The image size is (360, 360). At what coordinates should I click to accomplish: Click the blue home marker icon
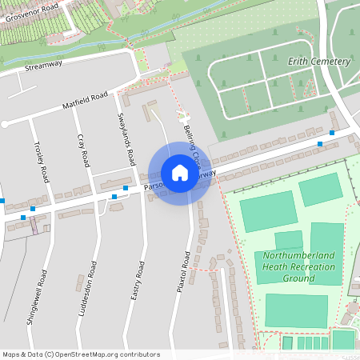pos(180,173)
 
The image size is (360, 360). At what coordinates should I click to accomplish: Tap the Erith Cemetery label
pos(319,62)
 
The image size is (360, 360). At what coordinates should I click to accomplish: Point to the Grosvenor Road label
pos(30,15)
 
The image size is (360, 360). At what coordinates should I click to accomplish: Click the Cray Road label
pos(82,150)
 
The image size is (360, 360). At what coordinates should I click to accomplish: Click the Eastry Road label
pos(137,280)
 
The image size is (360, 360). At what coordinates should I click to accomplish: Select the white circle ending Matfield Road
pos(5,124)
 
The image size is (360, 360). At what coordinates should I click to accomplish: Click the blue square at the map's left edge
pos(2,200)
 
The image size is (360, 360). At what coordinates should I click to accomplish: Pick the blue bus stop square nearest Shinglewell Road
pos(23,217)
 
